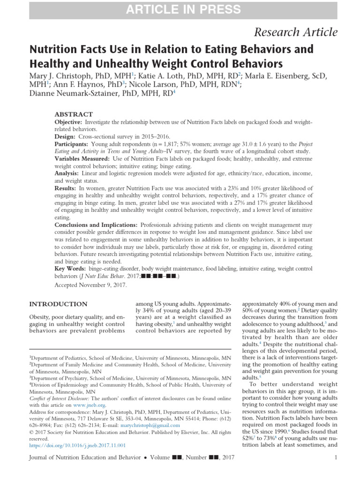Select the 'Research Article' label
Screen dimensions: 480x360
(295, 32)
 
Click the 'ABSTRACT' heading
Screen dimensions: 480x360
(74, 114)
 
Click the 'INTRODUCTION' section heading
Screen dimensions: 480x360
(58, 304)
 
